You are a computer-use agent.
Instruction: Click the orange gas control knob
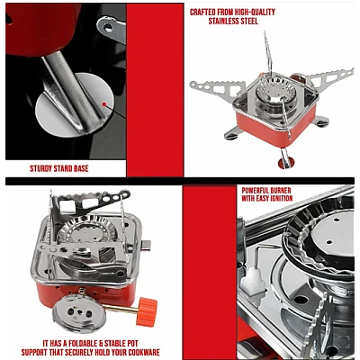(x=147, y=312)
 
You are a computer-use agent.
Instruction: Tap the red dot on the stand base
(x=104, y=104)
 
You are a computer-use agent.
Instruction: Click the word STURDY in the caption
(x=40, y=168)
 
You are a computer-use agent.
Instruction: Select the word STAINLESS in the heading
(x=223, y=22)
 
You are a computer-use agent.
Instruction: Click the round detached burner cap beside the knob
(x=79, y=313)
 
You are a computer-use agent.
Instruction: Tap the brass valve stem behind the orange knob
(x=120, y=309)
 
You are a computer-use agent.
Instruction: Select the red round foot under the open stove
(x=286, y=163)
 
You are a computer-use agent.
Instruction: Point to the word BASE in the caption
(x=80, y=168)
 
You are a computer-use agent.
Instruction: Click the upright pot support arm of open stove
(x=268, y=53)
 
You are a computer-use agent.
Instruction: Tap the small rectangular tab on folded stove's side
(x=146, y=245)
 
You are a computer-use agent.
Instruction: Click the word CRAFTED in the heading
(x=202, y=13)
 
